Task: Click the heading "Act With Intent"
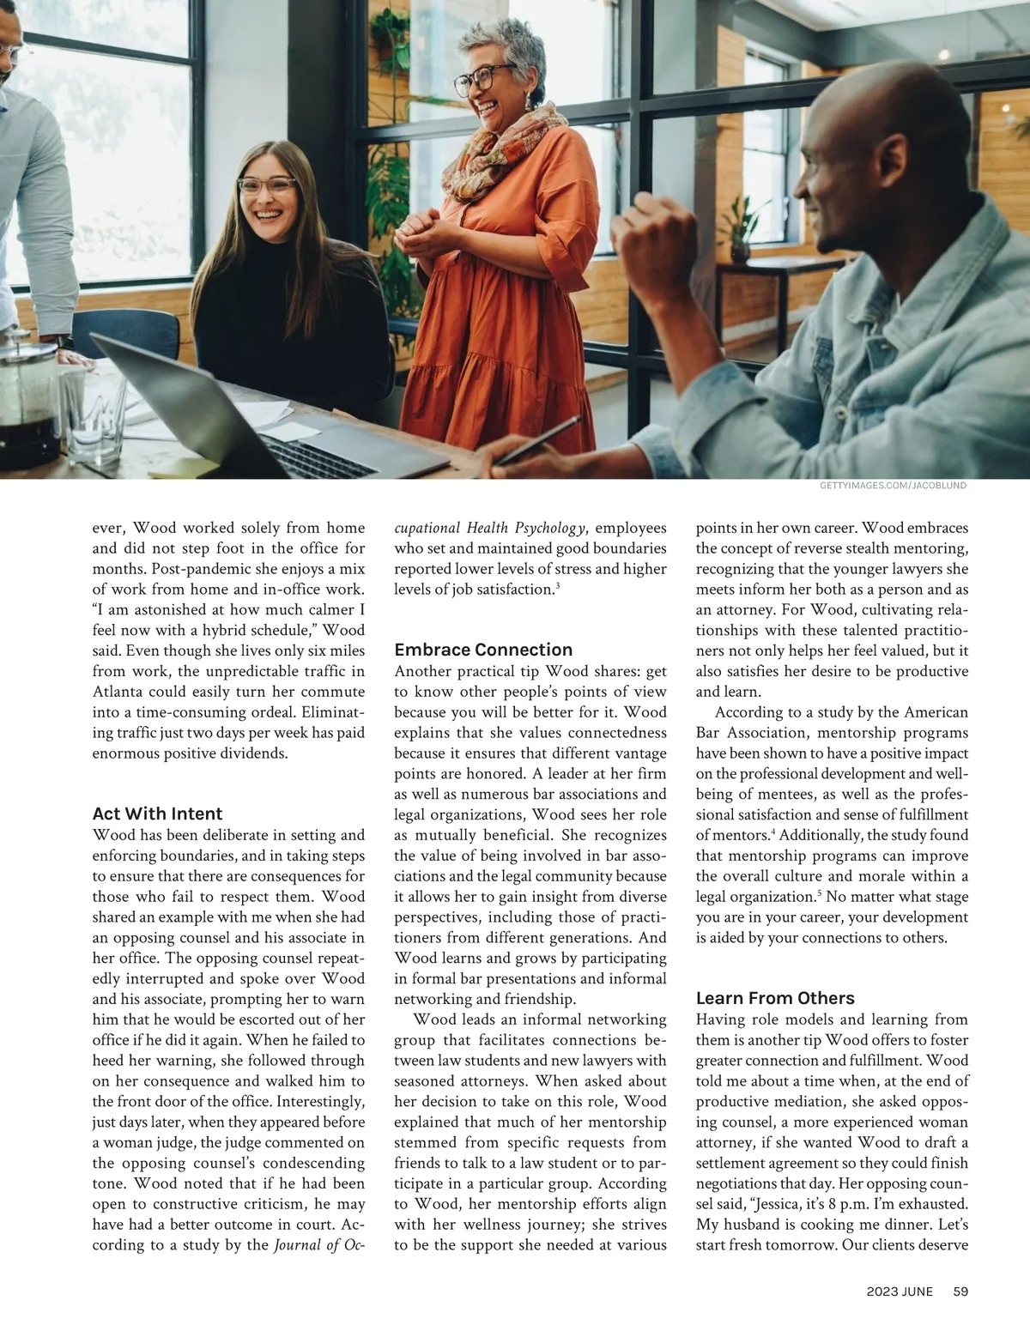click(x=157, y=814)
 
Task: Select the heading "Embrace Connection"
click(x=483, y=650)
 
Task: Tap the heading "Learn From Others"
click(x=775, y=998)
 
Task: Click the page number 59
click(x=960, y=1290)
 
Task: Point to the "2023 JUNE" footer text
click(x=900, y=1290)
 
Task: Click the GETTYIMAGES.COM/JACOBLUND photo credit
click(x=893, y=486)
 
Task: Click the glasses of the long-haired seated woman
click(x=267, y=185)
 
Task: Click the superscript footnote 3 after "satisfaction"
click(x=558, y=586)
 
